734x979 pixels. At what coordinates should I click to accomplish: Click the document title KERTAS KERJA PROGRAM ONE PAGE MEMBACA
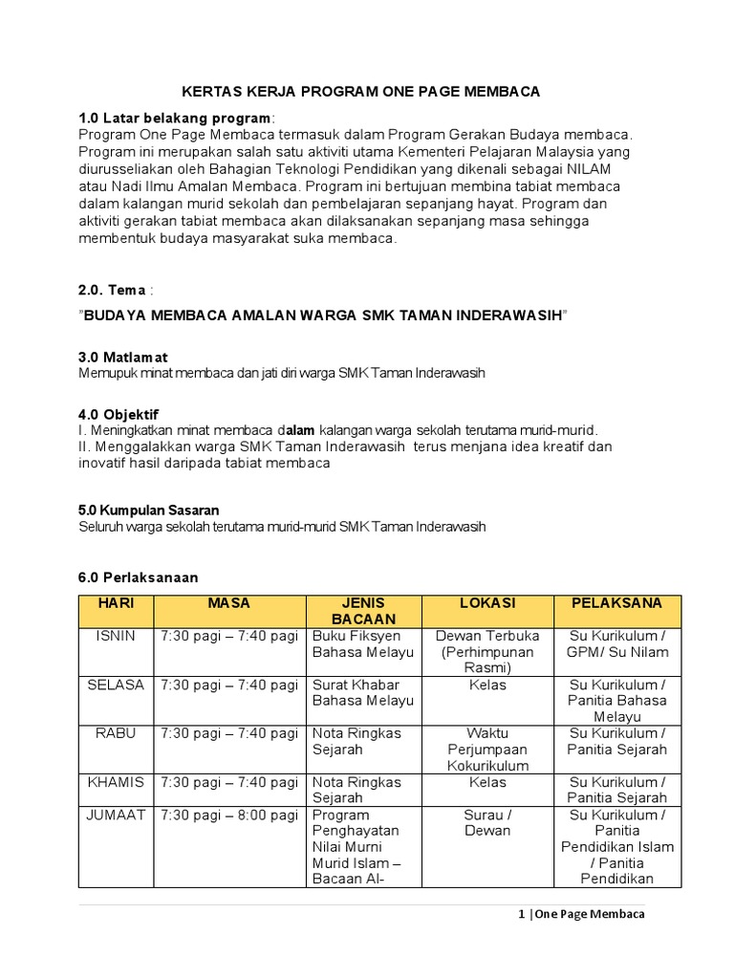pos(361,92)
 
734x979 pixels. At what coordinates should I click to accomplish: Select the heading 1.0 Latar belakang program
pos(175,118)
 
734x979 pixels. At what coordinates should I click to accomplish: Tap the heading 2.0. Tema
pos(112,291)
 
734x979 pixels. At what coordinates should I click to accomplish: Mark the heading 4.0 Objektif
pos(118,414)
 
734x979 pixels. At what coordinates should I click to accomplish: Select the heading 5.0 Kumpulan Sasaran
pos(155,511)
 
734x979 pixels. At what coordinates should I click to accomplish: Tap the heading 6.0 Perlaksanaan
pos(138,577)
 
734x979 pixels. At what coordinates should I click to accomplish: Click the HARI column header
pos(117,603)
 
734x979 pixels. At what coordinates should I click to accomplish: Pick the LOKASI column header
pos(486,603)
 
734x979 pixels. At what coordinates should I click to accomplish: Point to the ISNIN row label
pos(117,636)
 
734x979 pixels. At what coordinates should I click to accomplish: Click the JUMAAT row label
pos(117,816)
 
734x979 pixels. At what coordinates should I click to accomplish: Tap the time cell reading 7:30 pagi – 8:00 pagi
pos(229,816)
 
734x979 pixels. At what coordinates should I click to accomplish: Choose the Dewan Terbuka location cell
pos(486,636)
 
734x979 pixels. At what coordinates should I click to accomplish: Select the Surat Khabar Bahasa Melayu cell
pos(363,693)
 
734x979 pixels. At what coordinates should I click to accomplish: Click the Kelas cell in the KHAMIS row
pos(486,782)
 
